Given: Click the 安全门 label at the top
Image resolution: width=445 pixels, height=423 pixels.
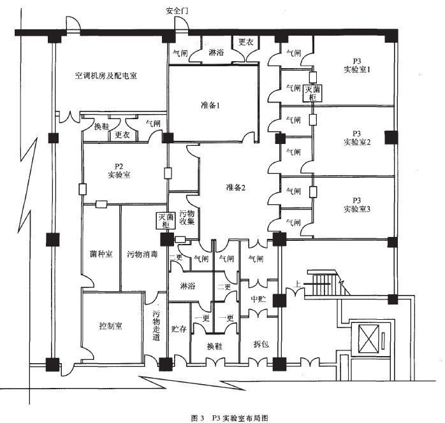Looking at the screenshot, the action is (177, 11).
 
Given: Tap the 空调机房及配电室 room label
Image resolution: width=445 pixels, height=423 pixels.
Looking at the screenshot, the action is (106, 76).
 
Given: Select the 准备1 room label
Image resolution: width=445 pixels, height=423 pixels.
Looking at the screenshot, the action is (210, 105).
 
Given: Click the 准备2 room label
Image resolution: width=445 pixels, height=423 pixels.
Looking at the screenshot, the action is (235, 187).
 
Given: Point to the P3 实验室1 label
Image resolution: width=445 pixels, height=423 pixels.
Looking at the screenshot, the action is (357, 66).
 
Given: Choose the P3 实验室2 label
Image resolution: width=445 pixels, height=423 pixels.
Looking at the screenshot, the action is (357, 138).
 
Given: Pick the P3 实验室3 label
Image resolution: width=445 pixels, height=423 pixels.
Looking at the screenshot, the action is (357, 204).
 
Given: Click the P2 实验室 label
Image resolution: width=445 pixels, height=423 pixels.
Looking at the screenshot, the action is (119, 171).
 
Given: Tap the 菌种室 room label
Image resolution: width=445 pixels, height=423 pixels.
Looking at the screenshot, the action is (101, 254).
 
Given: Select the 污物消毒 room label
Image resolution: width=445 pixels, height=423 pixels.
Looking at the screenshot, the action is (142, 254).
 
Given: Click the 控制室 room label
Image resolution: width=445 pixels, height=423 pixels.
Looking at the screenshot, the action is (110, 326).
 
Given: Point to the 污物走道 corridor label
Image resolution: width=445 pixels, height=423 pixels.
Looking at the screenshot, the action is (156, 326).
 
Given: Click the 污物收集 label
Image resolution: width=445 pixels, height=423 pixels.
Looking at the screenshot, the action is (187, 217).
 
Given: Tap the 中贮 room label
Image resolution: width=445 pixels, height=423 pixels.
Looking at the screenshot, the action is (258, 299).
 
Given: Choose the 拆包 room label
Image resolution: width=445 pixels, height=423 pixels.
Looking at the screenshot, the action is (261, 344).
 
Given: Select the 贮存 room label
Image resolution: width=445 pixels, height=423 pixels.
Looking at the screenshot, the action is (179, 329).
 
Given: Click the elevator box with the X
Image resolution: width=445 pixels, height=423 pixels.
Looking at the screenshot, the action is (368, 338).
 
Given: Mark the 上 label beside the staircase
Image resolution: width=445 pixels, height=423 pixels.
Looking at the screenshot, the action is (297, 283).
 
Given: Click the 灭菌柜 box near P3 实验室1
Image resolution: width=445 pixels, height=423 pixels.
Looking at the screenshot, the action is (312, 93).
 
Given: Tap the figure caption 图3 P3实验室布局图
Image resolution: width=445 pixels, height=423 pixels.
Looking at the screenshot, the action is (230, 418).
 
